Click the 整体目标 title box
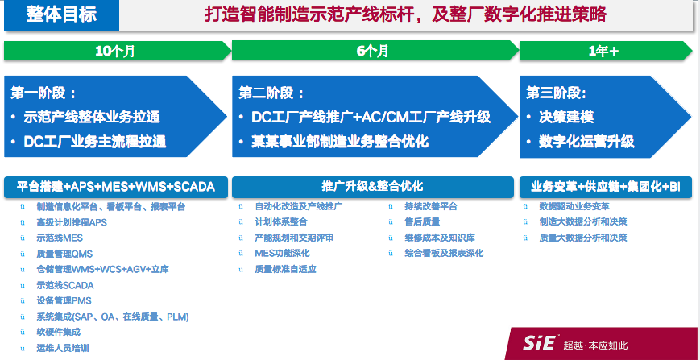point(61,14)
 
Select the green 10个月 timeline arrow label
point(115,52)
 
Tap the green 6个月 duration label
point(373,52)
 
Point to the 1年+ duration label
point(603,52)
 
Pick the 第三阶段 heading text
point(556,93)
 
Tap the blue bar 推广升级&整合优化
point(372,186)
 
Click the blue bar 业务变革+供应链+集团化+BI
point(605,186)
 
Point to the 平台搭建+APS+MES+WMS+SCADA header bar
point(116,186)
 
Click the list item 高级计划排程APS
point(72,222)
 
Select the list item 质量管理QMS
point(64,254)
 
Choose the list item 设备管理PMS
point(64,300)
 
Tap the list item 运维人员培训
point(63,348)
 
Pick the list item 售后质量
point(420,222)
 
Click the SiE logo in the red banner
point(539,344)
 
